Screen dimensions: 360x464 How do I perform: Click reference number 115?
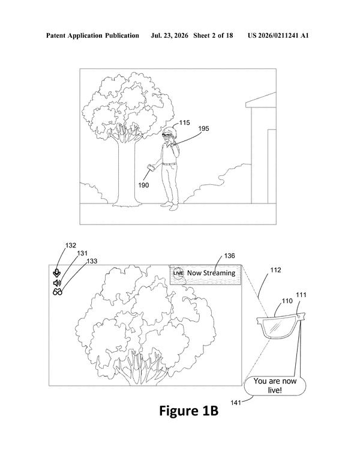pos(185,122)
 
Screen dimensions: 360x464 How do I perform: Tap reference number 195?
pos(203,128)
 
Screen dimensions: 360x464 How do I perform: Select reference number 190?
pos(143,185)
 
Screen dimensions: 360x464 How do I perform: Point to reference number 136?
pos(230,256)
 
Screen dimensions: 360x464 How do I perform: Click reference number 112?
pos(275,270)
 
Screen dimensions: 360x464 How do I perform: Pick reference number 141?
pos(236,402)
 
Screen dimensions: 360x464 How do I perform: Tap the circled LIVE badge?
pos(178,273)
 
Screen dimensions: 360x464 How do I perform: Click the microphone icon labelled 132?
pos(57,273)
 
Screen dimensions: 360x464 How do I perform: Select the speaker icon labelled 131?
pos(57,283)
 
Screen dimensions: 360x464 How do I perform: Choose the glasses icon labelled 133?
pos(58,292)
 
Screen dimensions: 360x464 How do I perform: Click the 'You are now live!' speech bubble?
pos(275,385)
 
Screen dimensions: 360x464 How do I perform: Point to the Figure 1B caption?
pos(189,411)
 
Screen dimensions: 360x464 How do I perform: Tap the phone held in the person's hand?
pos(151,167)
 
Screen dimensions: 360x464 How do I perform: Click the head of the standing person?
pos(169,133)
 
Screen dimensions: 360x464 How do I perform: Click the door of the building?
pos(272,166)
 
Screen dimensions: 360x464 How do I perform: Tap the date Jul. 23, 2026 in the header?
pos(169,36)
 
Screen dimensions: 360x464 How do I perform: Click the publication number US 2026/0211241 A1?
pos(278,36)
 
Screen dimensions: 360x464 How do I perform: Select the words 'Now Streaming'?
pos(211,273)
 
